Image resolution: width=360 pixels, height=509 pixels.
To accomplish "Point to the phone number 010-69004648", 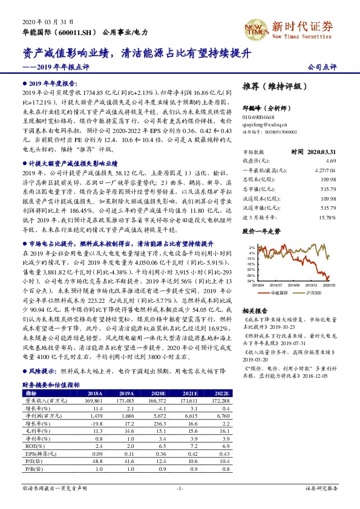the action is [x=259, y=118].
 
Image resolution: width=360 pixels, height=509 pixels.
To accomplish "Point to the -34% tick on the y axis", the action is [x=250, y=281].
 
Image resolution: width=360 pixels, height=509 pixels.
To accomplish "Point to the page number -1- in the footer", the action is [x=180, y=488].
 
